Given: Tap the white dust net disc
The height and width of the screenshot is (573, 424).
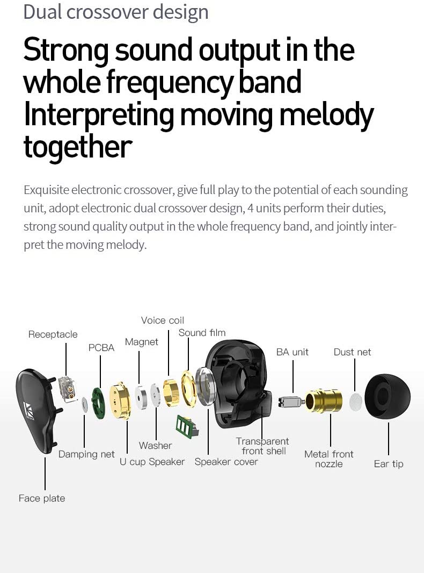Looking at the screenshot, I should pyautogui.click(x=356, y=402).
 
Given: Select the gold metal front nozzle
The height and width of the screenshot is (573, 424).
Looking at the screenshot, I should pyautogui.click(x=324, y=401).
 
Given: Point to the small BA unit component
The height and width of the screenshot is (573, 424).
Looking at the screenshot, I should pyautogui.click(x=290, y=401).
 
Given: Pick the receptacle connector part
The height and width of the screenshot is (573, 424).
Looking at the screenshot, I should pyautogui.click(x=68, y=388).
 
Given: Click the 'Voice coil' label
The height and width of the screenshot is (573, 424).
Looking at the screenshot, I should pyautogui.click(x=162, y=320).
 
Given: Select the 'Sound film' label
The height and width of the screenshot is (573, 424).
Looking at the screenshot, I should pyautogui.click(x=202, y=333).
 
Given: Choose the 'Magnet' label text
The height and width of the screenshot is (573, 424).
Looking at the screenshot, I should pyautogui.click(x=142, y=342).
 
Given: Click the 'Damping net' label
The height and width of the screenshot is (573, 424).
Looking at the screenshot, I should pyautogui.click(x=86, y=454).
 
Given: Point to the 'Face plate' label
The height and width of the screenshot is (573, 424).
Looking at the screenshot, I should pyautogui.click(x=42, y=498).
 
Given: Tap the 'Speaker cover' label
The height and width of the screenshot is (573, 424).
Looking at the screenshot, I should pyautogui.click(x=226, y=462).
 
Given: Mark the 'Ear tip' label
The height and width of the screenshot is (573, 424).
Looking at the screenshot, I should pyautogui.click(x=389, y=464).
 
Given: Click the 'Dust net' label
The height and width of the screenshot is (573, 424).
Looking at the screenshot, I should pyautogui.click(x=352, y=352).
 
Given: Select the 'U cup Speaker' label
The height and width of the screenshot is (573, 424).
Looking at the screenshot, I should pyautogui.click(x=152, y=462).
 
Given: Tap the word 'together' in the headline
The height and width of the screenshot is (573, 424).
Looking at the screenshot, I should pyautogui.click(x=78, y=146).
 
